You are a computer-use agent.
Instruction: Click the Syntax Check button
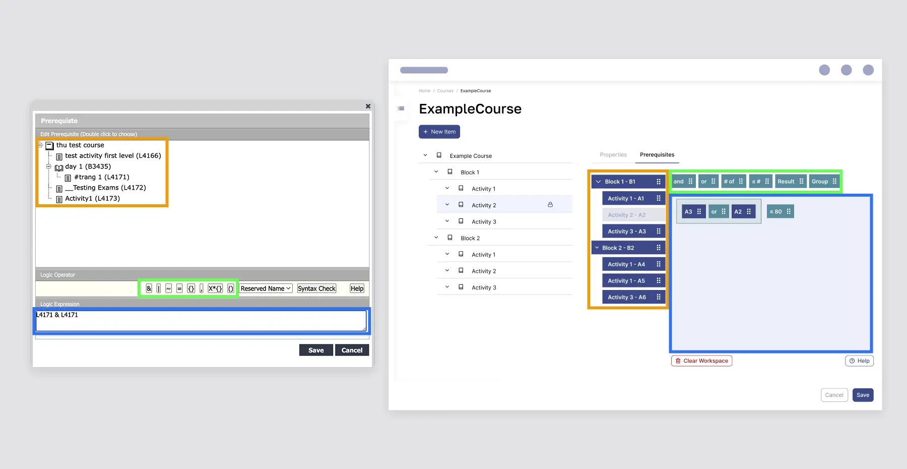[316, 288]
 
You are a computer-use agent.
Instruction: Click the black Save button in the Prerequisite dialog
[316, 350]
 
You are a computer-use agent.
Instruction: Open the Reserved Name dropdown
[266, 288]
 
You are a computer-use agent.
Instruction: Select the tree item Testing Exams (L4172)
[105, 188]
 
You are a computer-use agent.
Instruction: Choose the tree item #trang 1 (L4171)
[97, 177]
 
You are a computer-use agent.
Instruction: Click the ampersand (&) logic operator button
[149, 288]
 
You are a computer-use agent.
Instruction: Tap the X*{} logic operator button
[215, 288]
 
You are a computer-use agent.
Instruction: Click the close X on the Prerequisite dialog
[368, 106]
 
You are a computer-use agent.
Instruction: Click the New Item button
[439, 132]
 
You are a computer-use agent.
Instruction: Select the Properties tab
[613, 155]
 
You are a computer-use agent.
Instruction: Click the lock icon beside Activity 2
[550, 205]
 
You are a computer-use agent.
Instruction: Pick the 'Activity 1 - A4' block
[634, 264]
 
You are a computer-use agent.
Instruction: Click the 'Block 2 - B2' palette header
[628, 248]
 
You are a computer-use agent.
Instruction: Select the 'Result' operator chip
[790, 182]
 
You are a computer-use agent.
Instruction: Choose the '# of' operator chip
[733, 182]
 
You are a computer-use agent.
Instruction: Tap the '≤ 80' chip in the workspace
[780, 212]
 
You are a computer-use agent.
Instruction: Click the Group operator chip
[824, 182]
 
